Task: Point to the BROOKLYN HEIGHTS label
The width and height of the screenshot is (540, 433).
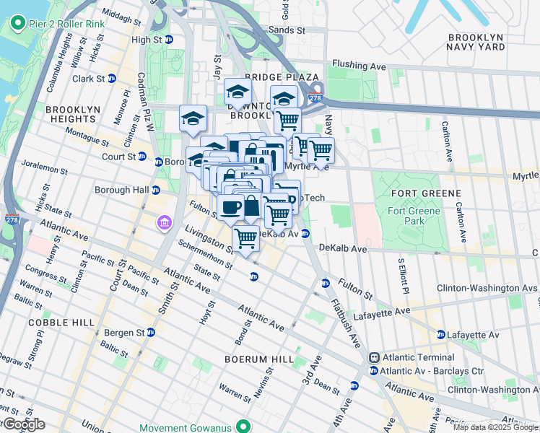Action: (73, 115)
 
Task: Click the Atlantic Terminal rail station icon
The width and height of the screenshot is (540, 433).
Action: (375, 357)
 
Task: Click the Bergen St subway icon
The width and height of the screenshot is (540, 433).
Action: (150, 333)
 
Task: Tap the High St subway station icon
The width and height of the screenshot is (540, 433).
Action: (169, 40)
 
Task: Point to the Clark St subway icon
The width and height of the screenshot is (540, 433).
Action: (112, 78)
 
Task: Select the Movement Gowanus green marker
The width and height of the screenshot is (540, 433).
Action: (245, 427)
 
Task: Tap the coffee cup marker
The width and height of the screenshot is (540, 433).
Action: (231, 206)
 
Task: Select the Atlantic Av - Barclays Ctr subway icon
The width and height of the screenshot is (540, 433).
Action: (373, 370)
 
